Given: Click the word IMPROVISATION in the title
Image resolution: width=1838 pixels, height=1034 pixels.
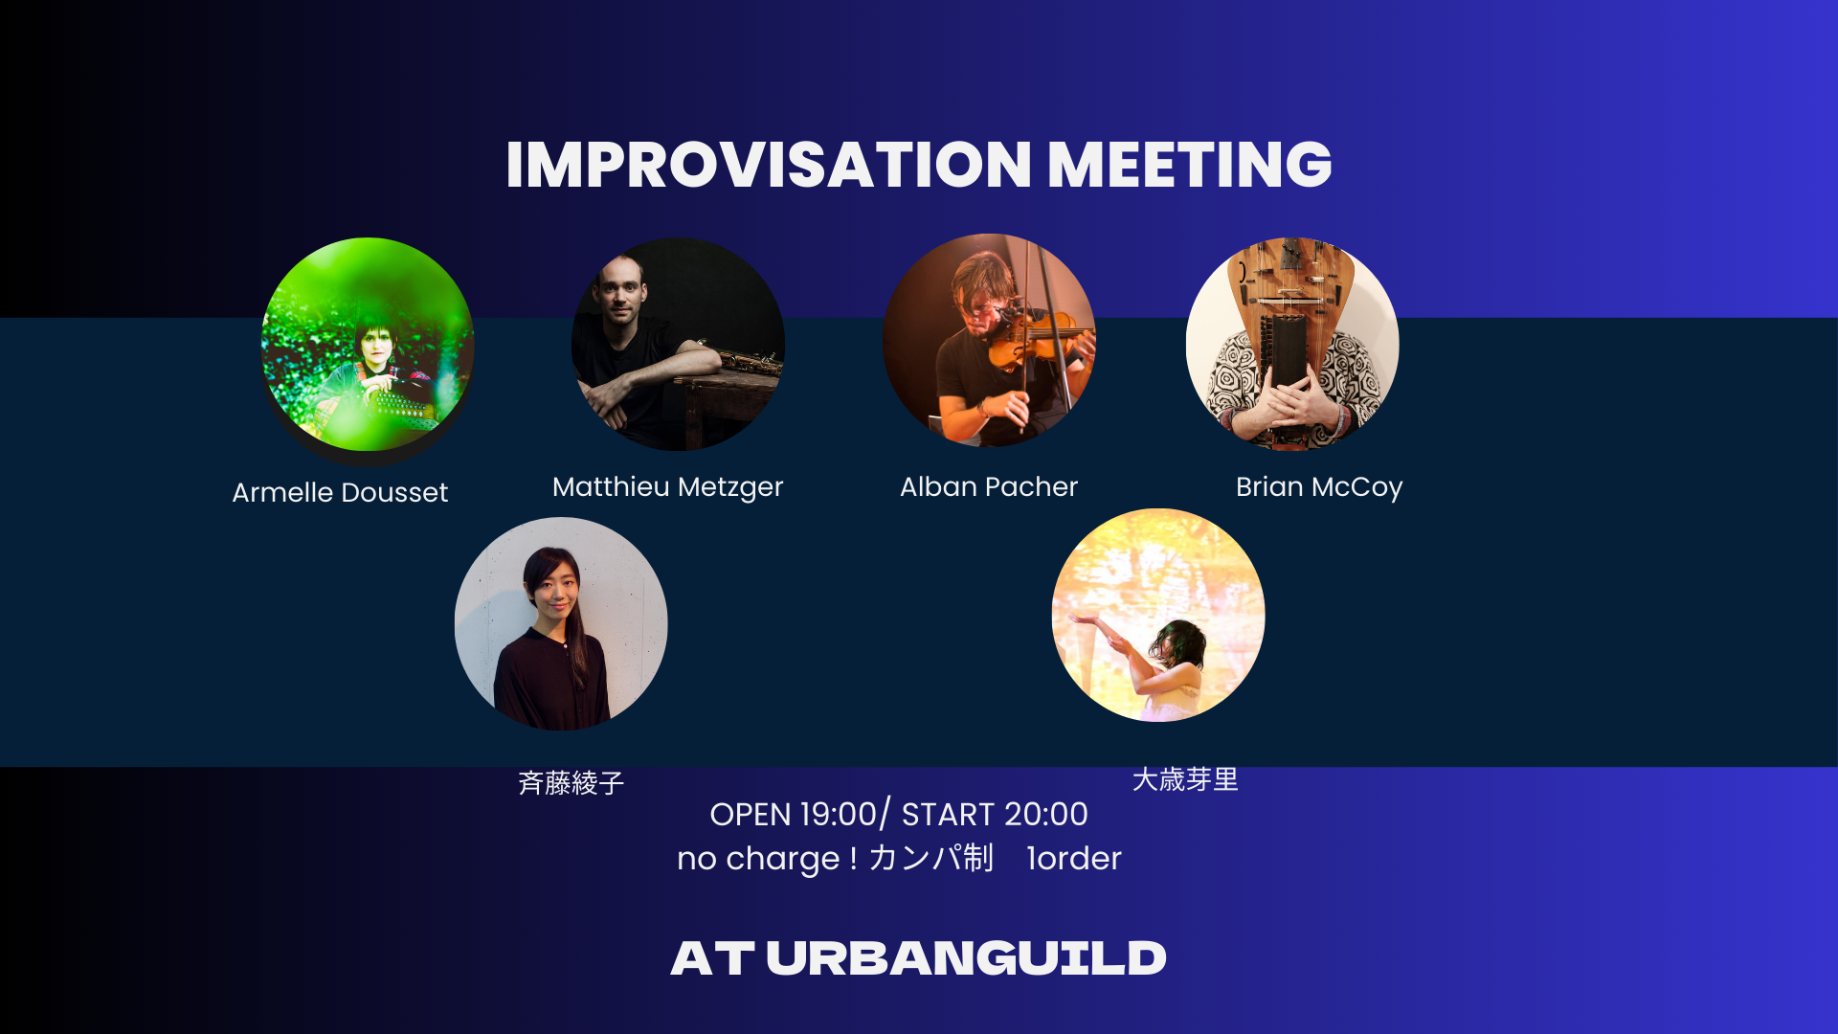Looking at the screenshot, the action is (769, 164).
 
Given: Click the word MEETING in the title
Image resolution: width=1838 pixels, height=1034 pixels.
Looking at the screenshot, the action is (1190, 164).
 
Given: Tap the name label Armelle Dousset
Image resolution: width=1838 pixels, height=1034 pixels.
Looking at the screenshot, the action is (340, 492).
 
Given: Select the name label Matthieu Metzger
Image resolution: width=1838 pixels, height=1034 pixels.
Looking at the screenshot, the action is (667, 487).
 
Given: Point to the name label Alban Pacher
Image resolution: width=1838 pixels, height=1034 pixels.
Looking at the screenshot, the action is (989, 486).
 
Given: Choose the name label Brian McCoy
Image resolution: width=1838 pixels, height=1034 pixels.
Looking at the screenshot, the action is (1319, 487).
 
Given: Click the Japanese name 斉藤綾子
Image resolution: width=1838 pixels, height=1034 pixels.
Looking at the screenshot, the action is (572, 783).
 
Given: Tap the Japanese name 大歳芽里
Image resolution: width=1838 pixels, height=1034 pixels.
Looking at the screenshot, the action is (1185, 779).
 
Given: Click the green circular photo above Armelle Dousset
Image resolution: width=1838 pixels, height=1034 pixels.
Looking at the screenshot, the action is (368, 345).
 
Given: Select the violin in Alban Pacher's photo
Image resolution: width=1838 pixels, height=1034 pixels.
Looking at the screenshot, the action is (1039, 340).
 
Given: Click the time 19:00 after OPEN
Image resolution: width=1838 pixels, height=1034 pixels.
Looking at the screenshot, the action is (839, 814).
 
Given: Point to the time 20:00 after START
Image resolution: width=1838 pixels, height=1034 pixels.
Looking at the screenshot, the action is (1046, 814).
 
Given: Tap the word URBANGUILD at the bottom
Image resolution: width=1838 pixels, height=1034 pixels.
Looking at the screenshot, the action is (966, 958).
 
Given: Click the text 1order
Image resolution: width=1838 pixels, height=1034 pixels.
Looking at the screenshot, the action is (1073, 859).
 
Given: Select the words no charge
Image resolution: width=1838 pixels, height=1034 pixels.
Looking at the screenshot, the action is (758, 859).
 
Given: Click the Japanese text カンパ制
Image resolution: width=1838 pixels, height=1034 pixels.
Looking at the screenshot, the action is (930, 858).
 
